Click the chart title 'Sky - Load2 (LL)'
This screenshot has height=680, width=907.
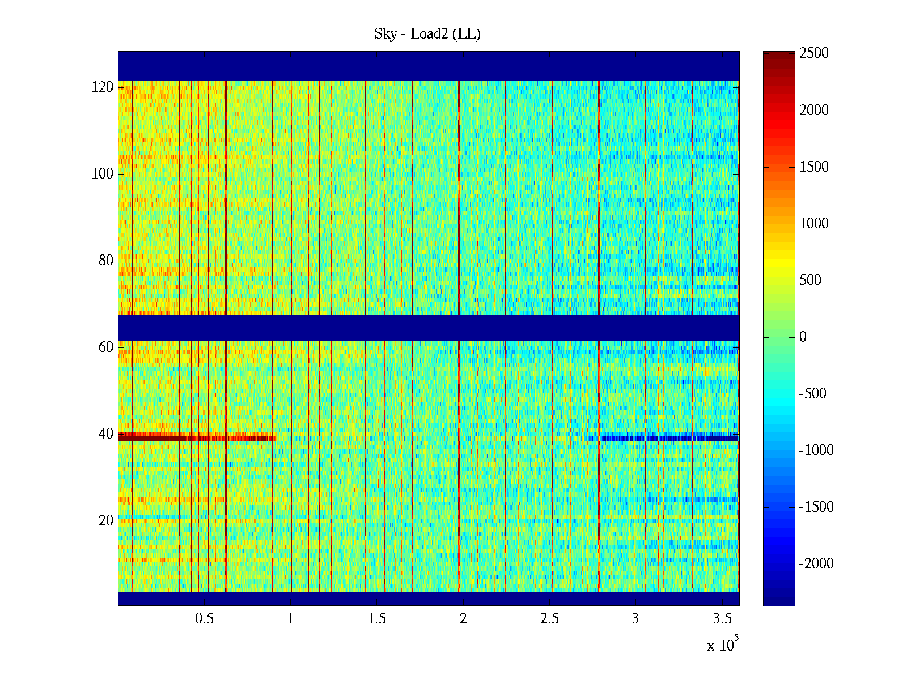tap(427, 34)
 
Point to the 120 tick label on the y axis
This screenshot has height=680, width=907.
tap(103, 87)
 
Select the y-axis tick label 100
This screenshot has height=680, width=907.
tap(103, 174)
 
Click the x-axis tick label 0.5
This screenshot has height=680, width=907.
tap(204, 619)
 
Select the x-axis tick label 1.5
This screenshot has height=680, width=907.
tap(377, 619)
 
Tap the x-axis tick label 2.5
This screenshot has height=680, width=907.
tap(549, 619)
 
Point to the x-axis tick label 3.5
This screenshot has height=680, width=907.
tap(722, 619)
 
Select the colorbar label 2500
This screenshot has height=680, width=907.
tap(814, 53)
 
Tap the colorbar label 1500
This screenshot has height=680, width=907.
tap(814, 167)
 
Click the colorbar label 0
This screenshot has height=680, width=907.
tap(803, 337)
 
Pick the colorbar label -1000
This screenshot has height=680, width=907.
tap(816, 450)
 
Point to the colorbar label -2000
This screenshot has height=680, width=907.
tap(816, 564)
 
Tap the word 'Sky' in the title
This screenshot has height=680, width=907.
tap(385, 34)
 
